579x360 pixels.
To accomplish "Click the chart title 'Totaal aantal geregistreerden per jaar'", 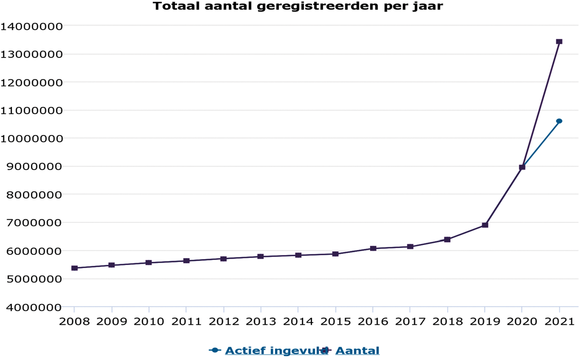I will [x=298, y=7].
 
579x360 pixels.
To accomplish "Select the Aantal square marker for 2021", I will [x=559, y=41].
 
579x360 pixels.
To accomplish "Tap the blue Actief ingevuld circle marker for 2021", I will [x=559, y=121].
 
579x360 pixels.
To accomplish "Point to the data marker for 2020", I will [x=522, y=167].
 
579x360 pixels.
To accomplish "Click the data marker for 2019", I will [x=485, y=225].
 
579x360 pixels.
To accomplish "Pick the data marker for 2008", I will [x=74, y=268].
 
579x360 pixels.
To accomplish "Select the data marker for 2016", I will [x=373, y=248].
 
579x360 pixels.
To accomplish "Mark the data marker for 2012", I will [x=224, y=259].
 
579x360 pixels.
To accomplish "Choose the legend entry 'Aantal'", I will [x=357, y=351].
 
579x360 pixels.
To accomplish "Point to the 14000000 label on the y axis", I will [x=31, y=26].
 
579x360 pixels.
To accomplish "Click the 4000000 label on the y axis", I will [x=31, y=307].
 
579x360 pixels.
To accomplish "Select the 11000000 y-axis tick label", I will [x=31, y=111].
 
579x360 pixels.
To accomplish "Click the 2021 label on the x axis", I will [x=559, y=321].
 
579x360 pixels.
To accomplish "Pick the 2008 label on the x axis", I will [x=74, y=321].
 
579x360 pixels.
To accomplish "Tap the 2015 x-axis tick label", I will [x=336, y=321].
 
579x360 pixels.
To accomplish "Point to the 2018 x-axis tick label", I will [x=448, y=321].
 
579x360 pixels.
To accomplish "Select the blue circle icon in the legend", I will [x=215, y=351].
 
